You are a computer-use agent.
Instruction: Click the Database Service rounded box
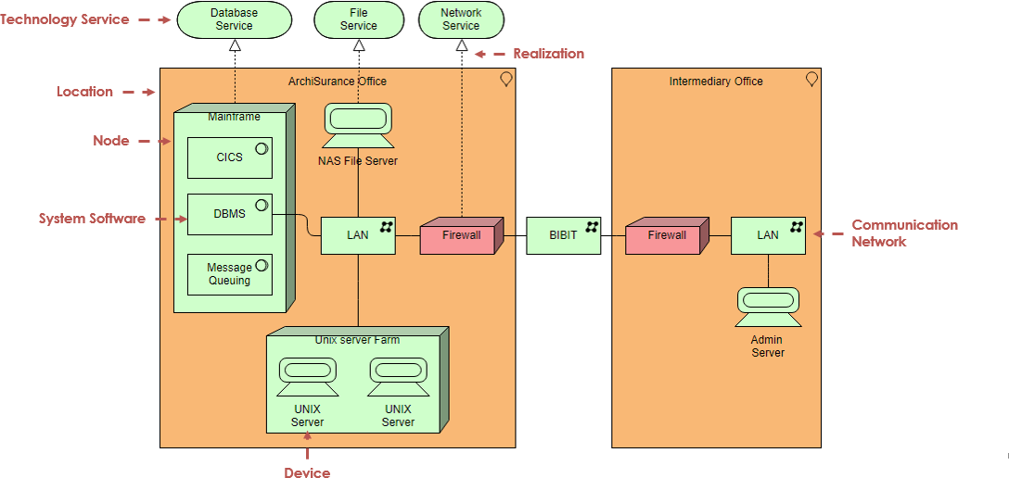point(235,19)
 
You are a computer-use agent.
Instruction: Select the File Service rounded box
point(358,19)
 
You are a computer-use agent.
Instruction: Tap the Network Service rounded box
point(461,19)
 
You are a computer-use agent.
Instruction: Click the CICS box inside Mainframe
point(230,157)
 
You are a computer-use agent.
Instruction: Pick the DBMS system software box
point(230,215)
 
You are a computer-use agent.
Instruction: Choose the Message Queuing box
point(230,274)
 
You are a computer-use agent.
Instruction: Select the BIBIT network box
point(564,235)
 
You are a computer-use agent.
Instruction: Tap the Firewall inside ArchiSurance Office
point(462,235)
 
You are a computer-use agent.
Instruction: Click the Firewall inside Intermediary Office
point(668,235)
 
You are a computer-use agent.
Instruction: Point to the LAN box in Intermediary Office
point(768,235)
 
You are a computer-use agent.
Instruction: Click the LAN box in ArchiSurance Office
point(358,235)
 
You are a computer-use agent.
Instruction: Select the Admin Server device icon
point(768,308)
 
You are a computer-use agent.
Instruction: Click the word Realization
point(548,54)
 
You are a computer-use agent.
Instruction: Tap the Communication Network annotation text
point(905,233)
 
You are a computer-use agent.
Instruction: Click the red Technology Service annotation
point(64,19)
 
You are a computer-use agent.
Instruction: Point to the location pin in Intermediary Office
point(811,80)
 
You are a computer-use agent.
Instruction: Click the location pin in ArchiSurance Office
point(506,80)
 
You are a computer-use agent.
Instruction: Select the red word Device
point(307,472)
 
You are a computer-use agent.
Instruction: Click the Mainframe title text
point(235,117)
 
